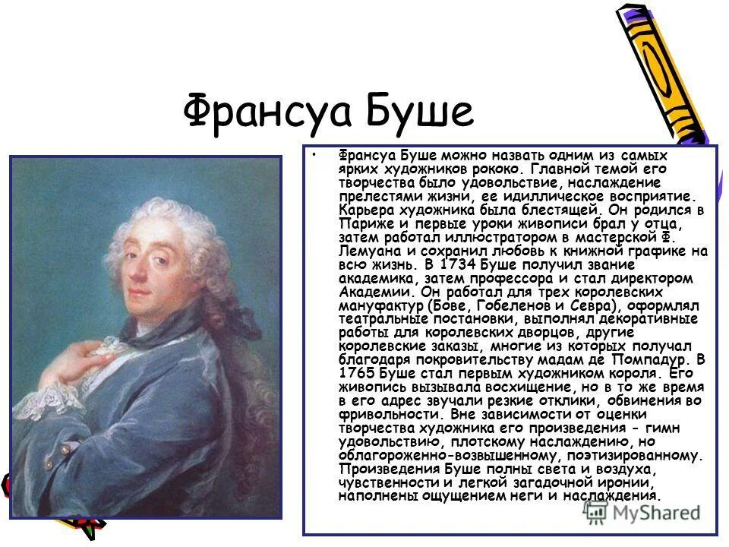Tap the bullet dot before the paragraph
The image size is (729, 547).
point(314,154)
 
